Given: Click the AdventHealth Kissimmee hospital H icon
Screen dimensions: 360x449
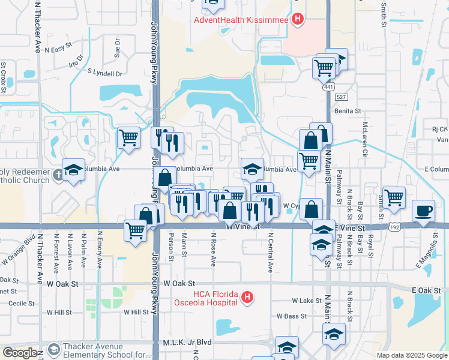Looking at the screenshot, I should click(297, 19).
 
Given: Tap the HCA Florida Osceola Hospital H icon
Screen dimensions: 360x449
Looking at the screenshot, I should click(246, 297).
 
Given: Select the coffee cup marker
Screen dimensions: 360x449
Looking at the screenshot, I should click(424, 211).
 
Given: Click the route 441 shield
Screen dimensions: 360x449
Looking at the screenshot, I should click(328, 88).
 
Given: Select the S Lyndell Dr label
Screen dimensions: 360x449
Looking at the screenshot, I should click(104, 73).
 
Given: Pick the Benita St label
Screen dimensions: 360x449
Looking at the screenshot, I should click(348, 111).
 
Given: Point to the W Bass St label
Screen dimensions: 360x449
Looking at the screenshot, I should click(292, 316).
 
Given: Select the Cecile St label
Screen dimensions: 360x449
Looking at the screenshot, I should click(17, 303).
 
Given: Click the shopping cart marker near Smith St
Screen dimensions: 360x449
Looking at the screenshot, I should click(394, 197).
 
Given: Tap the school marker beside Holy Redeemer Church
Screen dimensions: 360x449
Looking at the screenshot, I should click(73, 170).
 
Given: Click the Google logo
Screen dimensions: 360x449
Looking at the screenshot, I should click(19, 353).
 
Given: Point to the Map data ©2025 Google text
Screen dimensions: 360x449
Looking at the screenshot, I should click(412, 355).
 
